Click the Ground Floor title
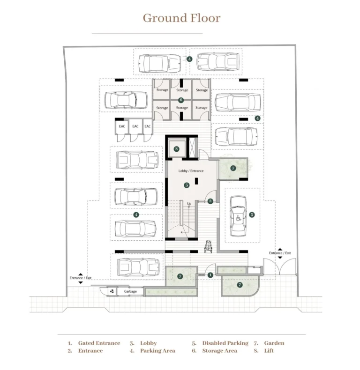coord(181,18)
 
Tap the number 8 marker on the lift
coord(176,149)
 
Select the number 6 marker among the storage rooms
coord(181,100)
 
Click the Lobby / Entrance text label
coord(191,171)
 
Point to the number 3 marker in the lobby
coord(187,185)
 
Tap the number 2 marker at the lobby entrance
coord(211,201)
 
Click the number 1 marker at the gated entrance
coord(211,274)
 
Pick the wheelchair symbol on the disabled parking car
coord(238,217)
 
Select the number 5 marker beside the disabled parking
coord(252,215)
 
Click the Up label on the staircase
coord(189,204)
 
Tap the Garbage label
coord(130,291)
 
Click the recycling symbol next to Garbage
coord(112,291)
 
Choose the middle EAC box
coord(135,126)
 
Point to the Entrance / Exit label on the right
coord(280,253)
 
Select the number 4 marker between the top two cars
coord(189,59)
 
